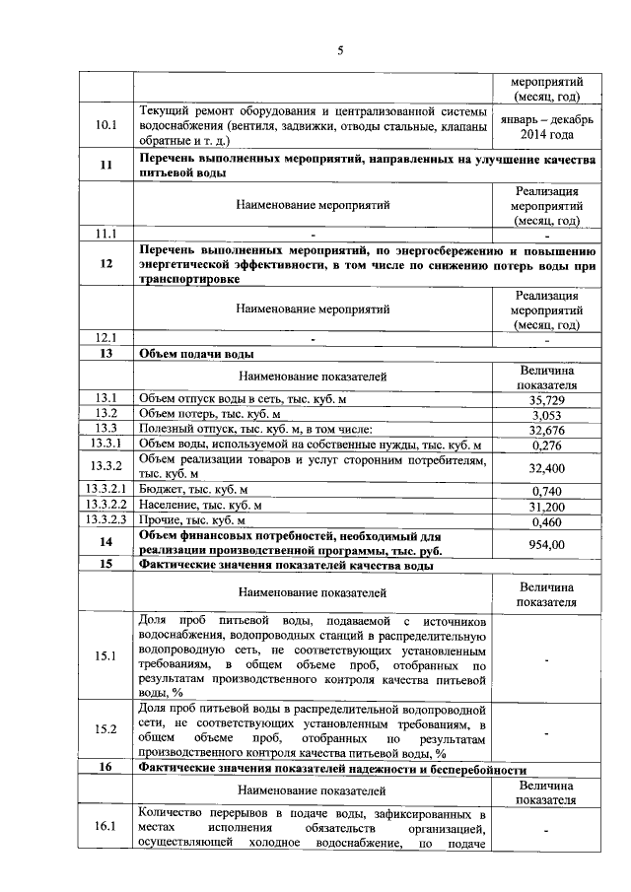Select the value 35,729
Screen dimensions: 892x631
point(547,399)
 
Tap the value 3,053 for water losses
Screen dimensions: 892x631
point(547,415)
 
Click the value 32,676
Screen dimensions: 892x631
point(547,431)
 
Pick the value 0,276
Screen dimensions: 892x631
point(547,446)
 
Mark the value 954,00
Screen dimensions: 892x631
point(547,543)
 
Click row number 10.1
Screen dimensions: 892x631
point(105,126)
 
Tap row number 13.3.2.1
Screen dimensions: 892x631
point(105,490)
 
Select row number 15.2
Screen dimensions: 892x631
point(105,728)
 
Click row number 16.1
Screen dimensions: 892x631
point(105,827)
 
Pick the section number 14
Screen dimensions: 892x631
point(105,542)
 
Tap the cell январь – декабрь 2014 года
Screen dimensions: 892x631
point(547,126)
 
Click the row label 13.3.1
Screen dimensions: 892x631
point(105,445)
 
